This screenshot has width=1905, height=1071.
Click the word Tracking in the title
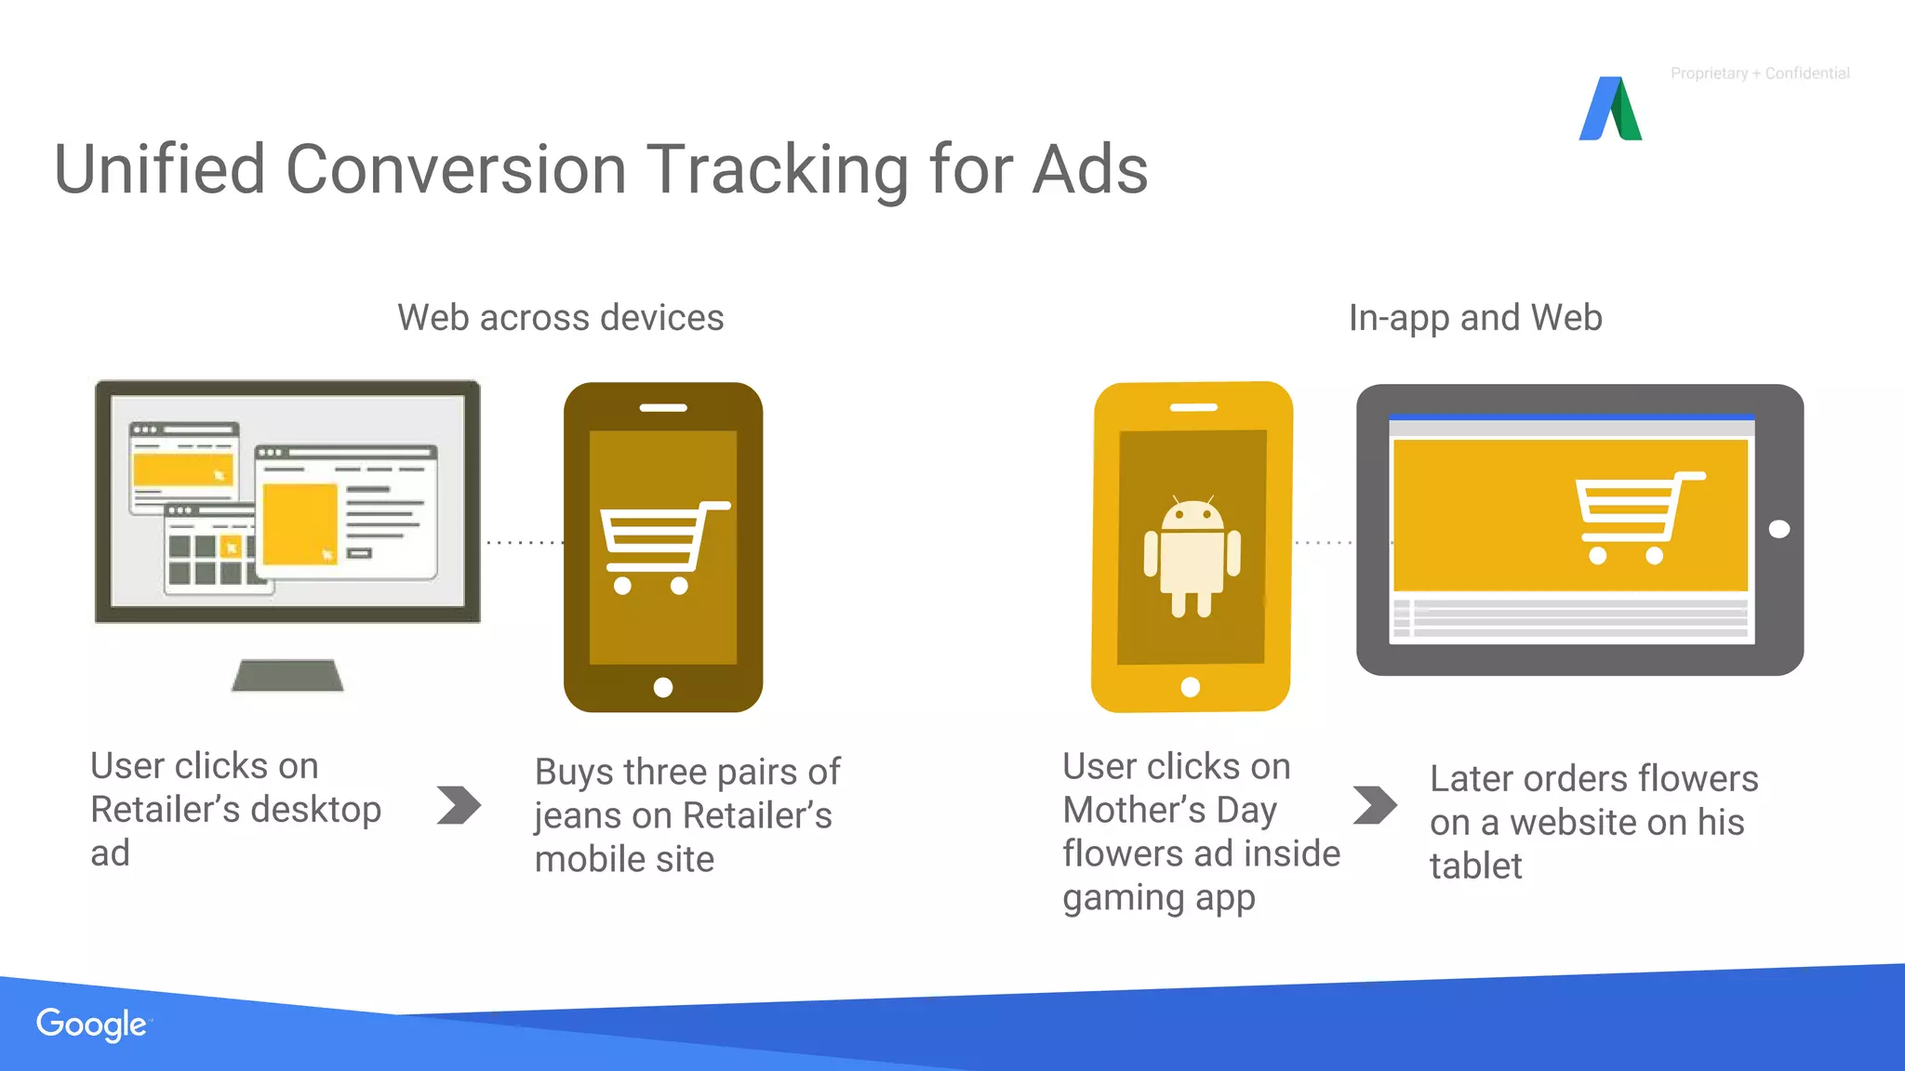tap(778, 171)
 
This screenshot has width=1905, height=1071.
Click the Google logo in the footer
tap(91, 1025)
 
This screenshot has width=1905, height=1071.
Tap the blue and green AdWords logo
tap(1610, 110)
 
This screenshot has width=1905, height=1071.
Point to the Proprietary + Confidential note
tap(1760, 73)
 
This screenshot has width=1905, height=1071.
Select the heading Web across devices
tap(560, 318)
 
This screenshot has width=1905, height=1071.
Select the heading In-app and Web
tap(1475, 318)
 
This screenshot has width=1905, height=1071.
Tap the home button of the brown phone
tap(663, 687)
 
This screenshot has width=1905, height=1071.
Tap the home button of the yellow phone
tap(1190, 687)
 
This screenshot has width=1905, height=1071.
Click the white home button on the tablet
tap(1778, 529)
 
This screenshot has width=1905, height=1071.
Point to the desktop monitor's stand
tap(287, 675)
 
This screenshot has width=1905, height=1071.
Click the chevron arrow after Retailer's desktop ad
tap(459, 805)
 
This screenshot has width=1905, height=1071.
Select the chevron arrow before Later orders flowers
tap(1375, 805)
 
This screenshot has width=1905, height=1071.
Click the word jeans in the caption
tap(577, 816)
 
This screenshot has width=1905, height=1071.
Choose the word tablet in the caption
tap(1475, 866)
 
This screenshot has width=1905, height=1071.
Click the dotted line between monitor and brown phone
tap(523, 542)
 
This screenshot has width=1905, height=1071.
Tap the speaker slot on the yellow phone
tap(1193, 407)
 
